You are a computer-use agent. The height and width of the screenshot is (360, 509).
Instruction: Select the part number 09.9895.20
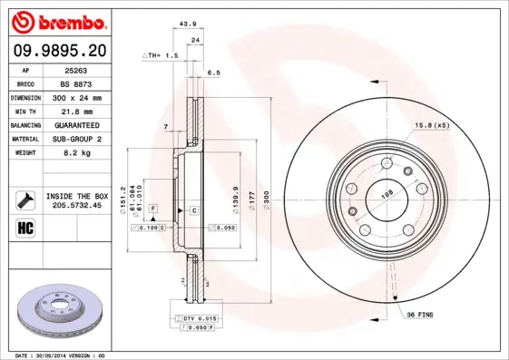[x=61, y=50]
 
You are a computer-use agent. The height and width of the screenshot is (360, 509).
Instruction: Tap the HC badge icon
[x=25, y=227]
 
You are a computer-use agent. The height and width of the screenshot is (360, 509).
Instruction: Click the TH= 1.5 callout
[x=161, y=56]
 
